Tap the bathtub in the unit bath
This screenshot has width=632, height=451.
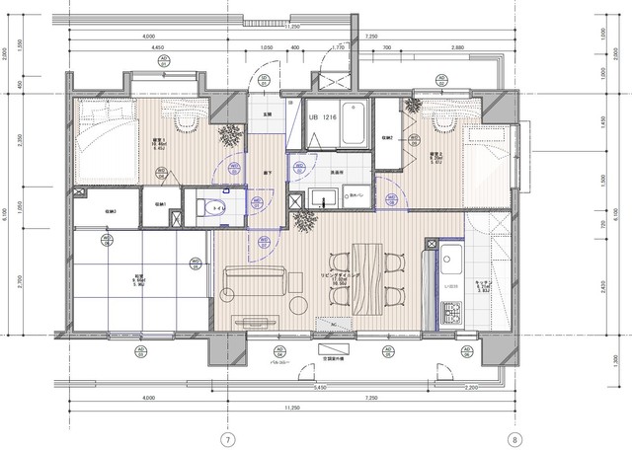(x=353, y=123)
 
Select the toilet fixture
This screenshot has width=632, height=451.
(x=207, y=206)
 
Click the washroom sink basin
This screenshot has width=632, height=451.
(x=323, y=197)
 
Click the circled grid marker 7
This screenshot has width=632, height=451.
(x=227, y=438)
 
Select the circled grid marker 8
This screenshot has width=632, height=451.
(x=514, y=438)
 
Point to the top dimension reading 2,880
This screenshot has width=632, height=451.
(x=456, y=47)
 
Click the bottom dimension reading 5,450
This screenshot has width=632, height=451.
(x=320, y=388)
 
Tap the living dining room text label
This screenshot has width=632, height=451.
(x=343, y=280)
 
